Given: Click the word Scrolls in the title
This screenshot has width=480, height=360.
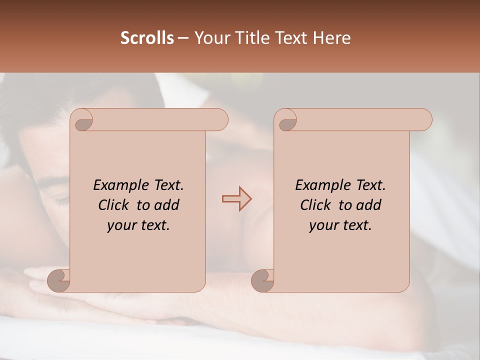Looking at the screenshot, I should (147, 38).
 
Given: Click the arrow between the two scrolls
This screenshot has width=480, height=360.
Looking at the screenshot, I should (236, 199).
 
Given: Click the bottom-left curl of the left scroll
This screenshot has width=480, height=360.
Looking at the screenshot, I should (58, 280).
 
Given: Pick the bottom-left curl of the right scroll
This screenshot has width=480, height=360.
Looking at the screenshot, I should (262, 280).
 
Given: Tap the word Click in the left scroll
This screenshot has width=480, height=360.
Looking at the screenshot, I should (114, 205).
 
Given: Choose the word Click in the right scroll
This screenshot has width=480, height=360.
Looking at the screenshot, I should (316, 205).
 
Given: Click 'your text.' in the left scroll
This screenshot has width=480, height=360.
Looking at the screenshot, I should (138, 225).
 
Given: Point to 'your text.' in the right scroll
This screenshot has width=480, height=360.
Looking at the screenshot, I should (340, 225).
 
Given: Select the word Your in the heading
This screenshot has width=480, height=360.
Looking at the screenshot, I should (208, 38).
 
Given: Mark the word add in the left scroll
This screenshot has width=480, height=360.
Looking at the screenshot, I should (166, 205).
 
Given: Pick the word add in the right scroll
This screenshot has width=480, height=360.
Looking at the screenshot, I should (368, 205).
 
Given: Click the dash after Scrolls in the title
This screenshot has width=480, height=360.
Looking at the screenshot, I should (183, 38).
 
